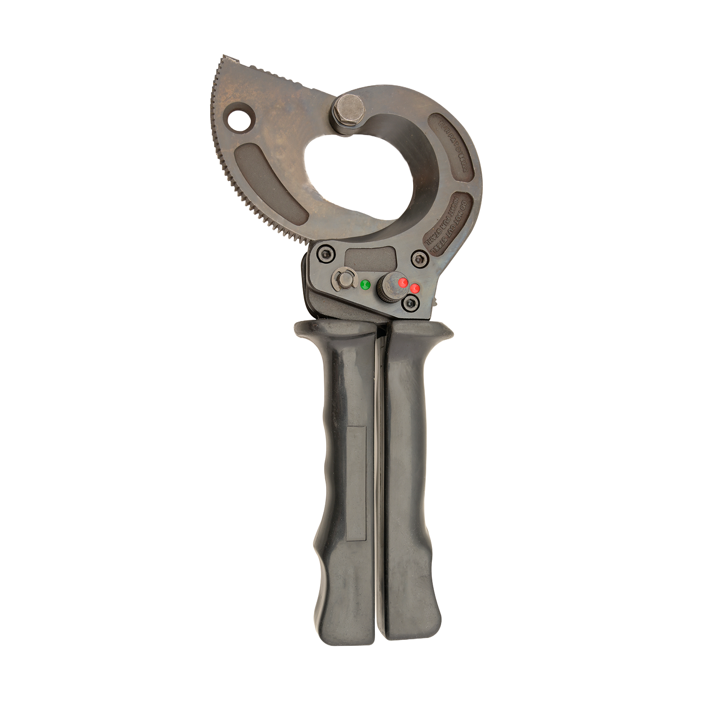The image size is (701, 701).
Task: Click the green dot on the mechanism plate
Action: tap(365, 284)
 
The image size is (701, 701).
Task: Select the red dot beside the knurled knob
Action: tap(415, 288)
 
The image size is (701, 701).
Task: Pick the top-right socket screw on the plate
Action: tap(420, 257)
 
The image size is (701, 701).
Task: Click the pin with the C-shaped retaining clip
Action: tap(343, 280)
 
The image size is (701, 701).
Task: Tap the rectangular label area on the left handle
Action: tap(356, 483)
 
